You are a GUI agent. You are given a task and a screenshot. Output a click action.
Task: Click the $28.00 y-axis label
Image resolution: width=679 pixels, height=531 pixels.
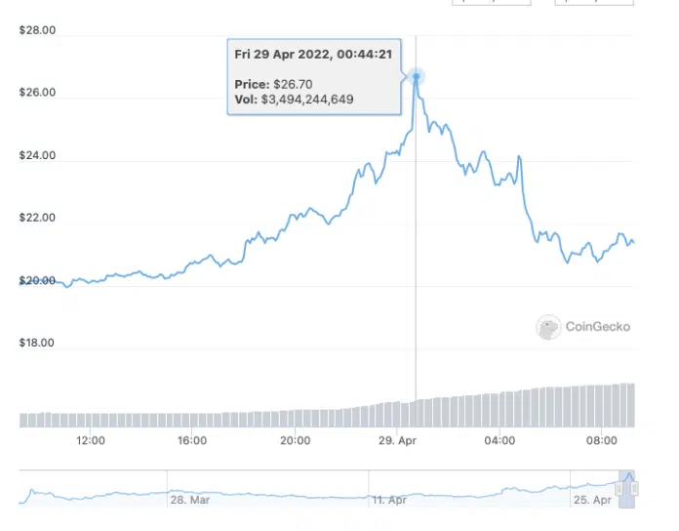point(37,31)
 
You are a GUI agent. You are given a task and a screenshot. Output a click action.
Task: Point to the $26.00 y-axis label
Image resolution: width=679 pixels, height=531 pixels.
point(37,94)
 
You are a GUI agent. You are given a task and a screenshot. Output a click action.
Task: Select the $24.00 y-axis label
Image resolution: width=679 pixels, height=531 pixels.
point(37,156)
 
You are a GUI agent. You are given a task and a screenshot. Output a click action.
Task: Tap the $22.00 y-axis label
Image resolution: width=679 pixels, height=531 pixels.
point(37,219)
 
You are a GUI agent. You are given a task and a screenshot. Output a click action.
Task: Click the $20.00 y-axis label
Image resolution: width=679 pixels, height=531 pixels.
point(37,281)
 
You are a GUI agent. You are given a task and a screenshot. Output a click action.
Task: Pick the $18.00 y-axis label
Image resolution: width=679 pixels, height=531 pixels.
point(37,344)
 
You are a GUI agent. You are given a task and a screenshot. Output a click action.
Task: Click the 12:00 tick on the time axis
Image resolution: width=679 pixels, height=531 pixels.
point(90,441)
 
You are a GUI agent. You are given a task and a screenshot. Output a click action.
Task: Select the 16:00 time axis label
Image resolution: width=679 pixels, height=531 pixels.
point(192,441)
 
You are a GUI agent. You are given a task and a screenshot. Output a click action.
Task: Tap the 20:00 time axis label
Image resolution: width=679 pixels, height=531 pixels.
point(295,441)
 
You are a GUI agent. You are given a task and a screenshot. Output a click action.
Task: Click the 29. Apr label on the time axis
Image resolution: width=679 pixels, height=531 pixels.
point(396,441)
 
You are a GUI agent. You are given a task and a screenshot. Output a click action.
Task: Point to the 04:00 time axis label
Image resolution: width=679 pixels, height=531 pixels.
point(499,441)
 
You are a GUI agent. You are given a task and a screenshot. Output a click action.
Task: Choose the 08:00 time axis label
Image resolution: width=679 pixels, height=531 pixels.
point(602,441)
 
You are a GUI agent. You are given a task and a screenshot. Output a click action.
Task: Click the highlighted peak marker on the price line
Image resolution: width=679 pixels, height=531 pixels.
point(417,76)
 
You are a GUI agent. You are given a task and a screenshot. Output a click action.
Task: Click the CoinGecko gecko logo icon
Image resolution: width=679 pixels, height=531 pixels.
point(549,327)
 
